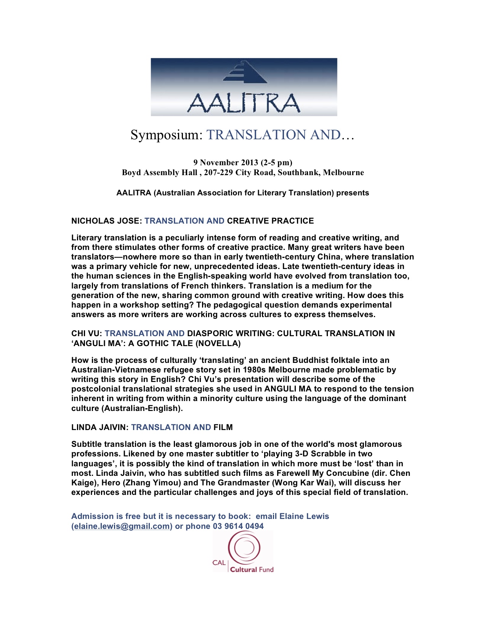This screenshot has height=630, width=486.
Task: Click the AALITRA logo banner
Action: (x=244, y=87)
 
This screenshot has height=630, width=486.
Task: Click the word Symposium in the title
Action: (x=165, y=135)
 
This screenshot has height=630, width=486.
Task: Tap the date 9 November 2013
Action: (x=226, y=163)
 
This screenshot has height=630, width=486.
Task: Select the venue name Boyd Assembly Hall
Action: (x=159, y=172)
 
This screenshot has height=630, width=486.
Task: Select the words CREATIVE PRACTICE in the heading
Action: (x=270, y=221)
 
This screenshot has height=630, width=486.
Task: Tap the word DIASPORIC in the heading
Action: (x=210, y=334)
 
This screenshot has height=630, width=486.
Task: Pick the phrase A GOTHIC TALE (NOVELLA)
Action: (x=184, y=343)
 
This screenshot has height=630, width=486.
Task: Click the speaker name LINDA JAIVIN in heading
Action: (x=99, y=427)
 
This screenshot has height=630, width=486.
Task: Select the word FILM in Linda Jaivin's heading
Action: (x=223, y=427)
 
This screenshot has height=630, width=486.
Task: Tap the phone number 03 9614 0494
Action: (x=238, y=526)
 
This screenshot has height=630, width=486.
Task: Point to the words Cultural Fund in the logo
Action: (x=252, y=570)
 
